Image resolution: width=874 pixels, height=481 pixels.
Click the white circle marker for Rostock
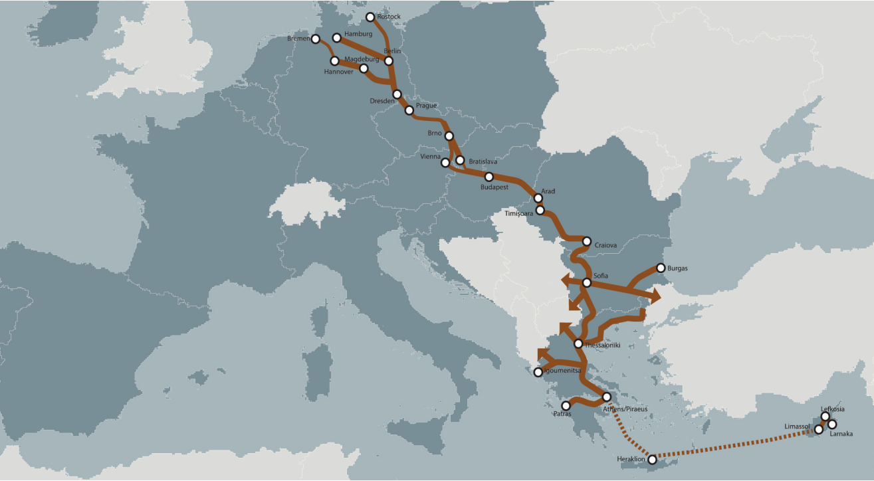tap(371, 17)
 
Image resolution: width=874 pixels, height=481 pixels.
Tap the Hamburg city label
tap(359, 34)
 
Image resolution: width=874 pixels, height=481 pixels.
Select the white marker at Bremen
tap(315, 39)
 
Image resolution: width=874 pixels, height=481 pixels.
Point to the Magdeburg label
tap(362, 59)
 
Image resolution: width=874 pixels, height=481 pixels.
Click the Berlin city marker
tap(389, 61)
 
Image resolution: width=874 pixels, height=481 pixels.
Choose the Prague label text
tap(426, 106)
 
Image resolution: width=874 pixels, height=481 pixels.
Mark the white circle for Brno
tap(449, 136)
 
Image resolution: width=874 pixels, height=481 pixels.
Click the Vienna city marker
tap(445, 162)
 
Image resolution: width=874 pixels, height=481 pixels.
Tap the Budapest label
tap(494, 187)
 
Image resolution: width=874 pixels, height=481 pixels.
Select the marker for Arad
tap(538, 198)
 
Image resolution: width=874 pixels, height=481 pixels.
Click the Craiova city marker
tap(587, 241)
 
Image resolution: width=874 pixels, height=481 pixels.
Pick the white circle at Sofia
tap(586, 282)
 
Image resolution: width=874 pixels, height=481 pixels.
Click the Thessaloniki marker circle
tap(578, 343)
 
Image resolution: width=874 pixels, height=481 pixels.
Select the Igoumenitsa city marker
tap(538, 372)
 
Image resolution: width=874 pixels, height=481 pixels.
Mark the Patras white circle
tap(566, 405)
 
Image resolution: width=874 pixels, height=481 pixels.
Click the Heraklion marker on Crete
tap(652, 459)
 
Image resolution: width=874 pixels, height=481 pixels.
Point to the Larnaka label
tap(841, 434)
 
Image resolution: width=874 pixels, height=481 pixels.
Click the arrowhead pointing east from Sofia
tap(655, 295)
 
